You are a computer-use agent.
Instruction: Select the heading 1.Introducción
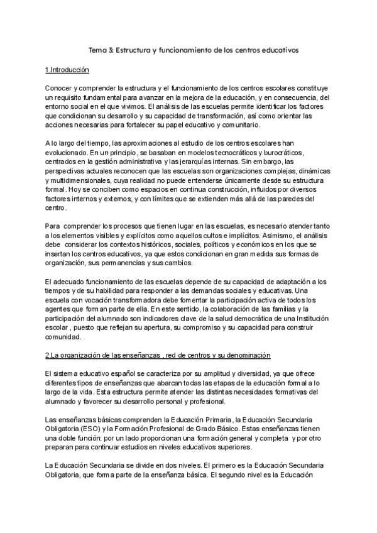click(68, 69)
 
